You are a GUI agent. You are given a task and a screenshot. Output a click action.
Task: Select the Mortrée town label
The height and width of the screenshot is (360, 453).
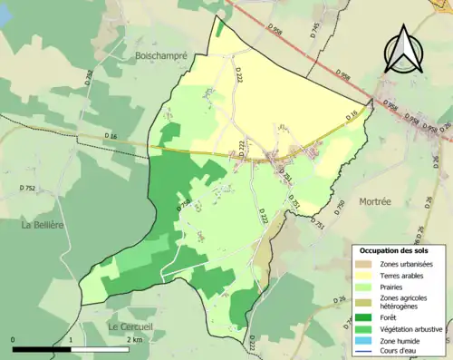click(375, 200)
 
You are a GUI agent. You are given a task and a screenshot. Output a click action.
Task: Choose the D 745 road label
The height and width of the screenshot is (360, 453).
click(315, 30)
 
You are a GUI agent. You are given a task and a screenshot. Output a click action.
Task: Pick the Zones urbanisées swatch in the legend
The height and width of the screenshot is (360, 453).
click(367, 263)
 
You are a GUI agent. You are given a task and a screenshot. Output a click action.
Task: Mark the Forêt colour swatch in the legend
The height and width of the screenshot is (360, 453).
click(367, 317)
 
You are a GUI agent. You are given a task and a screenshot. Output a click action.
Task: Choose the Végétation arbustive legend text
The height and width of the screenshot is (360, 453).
click(413, 329)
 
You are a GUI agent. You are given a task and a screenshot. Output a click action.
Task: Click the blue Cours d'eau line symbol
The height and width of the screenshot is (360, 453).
click(367, 353)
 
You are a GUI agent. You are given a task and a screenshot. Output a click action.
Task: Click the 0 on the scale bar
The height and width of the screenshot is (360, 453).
click(14, 339)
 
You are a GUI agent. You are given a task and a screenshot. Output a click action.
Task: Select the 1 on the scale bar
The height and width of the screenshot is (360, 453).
click(71, 339)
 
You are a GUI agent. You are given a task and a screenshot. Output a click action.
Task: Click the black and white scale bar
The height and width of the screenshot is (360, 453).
click(70, 348)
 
